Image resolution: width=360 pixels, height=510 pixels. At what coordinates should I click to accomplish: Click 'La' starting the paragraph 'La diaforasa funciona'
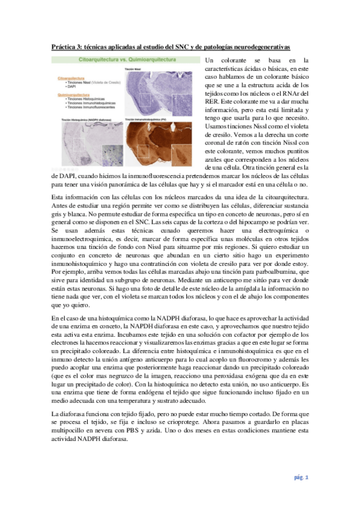tap(55, 414)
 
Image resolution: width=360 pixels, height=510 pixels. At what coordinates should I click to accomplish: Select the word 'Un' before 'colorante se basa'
tap(210, 61)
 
